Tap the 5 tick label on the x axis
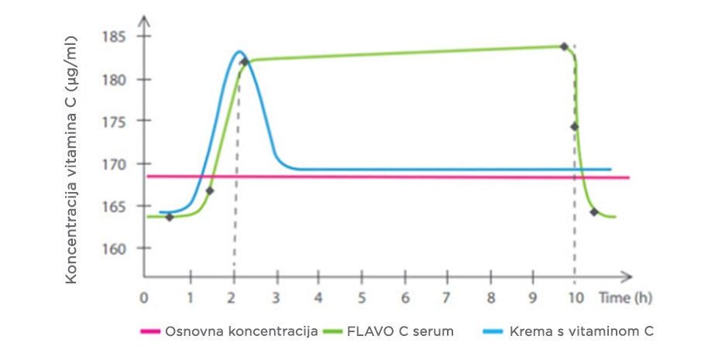361,298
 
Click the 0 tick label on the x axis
143,298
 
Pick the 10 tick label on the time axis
574,298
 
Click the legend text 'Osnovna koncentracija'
241,331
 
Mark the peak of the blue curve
239,52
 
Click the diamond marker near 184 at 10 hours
564,46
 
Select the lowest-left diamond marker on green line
170,217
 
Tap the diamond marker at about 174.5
575,127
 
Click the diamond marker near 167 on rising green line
209,190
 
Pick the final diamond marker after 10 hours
594,212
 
